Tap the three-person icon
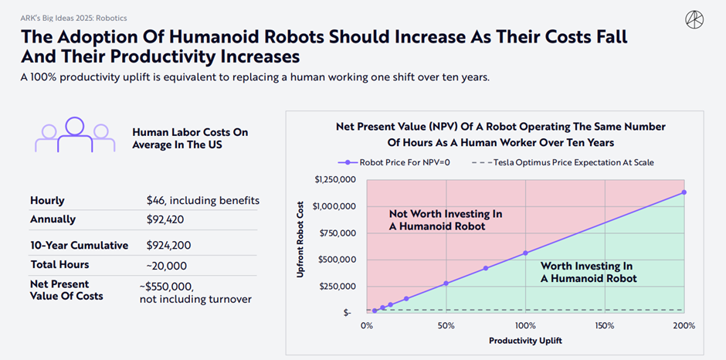pyautogui.click(x=74, y=134)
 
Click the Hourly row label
pyautogui.click(x=47, y=200)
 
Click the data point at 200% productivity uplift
pyautogui.click(x=684, y=192)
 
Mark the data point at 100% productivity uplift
pyautogui.click(x=525, y=253)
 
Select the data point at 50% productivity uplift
pyautogui.click(x=446, y=284)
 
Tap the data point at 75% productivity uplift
pyautogui.click(x=486, y=268)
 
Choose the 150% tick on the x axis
pyautogui.click(x=604, y=324)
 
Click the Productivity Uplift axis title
pyautogui.click(x=524, y=340)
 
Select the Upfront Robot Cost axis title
pyautogui.click(x=302, y=245)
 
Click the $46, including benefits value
pyautogui.click(x=203, y=200)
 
